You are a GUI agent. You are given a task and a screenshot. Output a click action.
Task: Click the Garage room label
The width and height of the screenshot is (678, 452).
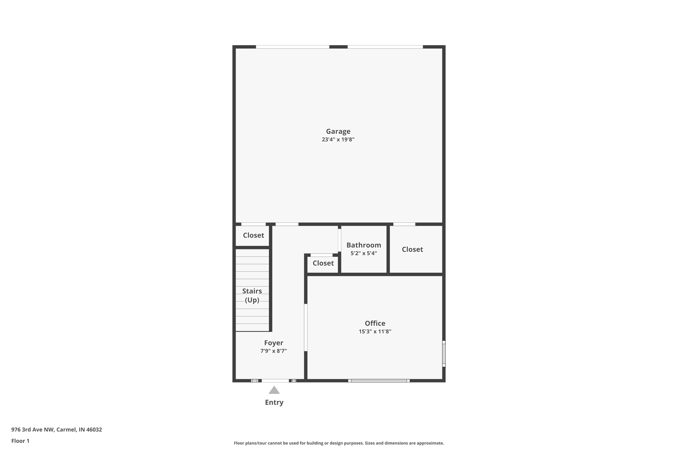coord(338,131)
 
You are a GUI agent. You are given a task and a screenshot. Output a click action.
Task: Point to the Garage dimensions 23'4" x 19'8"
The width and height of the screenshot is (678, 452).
coord(338,139)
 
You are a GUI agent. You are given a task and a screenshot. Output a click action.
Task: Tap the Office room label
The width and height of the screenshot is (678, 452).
coord(375,323)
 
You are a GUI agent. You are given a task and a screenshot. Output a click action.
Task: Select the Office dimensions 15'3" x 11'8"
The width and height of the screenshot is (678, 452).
coord(375,331)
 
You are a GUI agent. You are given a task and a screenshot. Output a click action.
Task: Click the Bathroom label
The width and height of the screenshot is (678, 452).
coord(363,245)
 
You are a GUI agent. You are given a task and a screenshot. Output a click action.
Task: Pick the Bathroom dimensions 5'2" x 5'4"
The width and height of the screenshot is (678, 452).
coord(363,253)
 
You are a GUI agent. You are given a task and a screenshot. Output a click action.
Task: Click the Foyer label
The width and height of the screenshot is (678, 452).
coord(273,343)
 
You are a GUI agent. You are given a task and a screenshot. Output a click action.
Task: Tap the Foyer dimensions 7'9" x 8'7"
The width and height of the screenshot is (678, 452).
coord(273,351)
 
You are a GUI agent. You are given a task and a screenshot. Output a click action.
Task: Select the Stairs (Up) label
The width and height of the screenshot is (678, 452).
coord(252,295)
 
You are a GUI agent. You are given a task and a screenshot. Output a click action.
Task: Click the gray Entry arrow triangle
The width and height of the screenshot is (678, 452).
coord(274,390)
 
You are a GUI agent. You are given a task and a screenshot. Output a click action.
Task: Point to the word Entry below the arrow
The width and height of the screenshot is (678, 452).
coord(274,402)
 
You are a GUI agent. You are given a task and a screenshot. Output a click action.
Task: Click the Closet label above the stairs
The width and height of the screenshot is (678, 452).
coord(253,235)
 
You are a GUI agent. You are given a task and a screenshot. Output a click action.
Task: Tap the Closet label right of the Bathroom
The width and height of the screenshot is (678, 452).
coord(412,249)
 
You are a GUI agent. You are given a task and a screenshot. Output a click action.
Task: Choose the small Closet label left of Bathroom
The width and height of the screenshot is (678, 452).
coord(323,263)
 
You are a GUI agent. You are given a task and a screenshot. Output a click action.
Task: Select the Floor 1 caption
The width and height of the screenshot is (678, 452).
coord(20,441)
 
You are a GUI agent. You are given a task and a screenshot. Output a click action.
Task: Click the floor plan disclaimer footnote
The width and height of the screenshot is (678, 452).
coord(339,443)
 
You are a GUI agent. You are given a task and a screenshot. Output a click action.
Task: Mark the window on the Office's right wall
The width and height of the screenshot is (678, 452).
coord(444,354)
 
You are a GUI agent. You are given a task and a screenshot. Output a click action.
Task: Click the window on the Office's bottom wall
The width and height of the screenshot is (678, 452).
coord(379,380)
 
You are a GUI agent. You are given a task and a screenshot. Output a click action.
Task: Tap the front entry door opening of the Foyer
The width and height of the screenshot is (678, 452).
coord(275,380)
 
